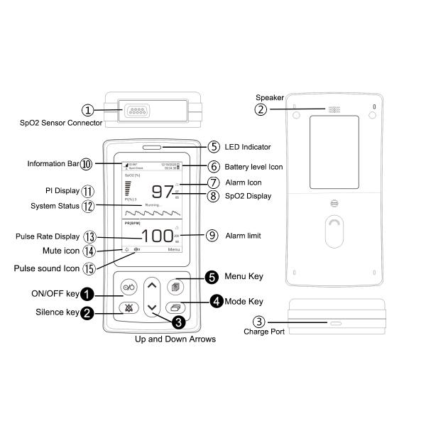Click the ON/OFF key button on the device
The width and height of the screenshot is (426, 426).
[128, 287]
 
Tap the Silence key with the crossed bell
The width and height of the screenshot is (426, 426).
[128, 307]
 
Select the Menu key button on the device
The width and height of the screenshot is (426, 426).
[175, 287]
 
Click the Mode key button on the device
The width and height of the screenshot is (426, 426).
[175, 307]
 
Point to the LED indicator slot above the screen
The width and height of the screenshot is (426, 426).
[152, 148]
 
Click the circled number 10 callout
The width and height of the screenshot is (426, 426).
[86, 163]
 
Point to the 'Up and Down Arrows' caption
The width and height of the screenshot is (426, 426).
[175, 339]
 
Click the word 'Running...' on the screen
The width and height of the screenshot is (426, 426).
[153, 204]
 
